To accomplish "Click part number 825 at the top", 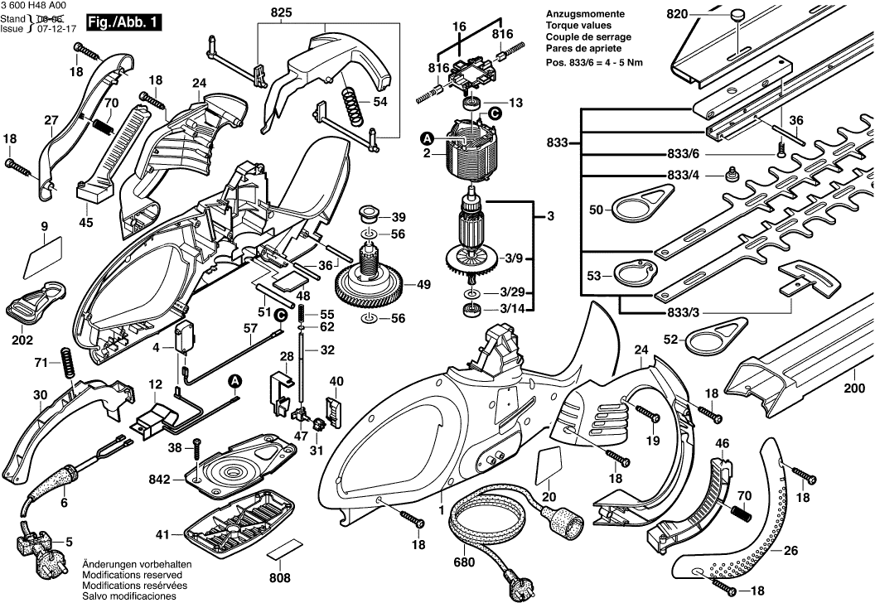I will coord(281,12).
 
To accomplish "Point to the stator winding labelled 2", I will coord(471,153).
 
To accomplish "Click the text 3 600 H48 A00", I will coord(36,6).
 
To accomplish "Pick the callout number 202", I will coord(23,340).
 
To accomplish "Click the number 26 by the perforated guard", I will coord(791,550).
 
